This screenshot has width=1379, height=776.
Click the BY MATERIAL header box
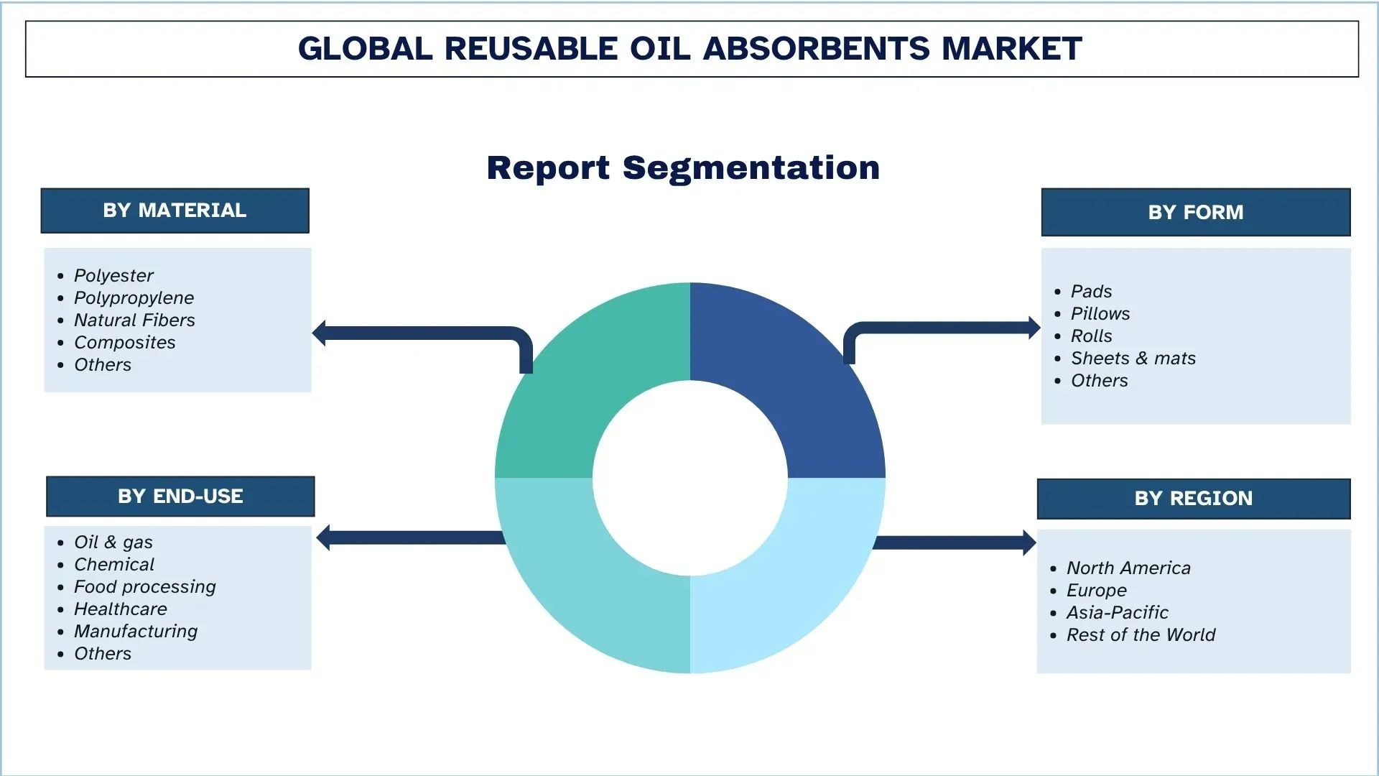pyautogui.click(x=175, y=211)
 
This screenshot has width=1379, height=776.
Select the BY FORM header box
pyautogui.click(x=1195, y=212)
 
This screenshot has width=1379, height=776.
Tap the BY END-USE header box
pyautogui.click(x=180, y=496)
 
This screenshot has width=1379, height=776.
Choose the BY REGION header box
pyautogui.click(x=1193, y=499)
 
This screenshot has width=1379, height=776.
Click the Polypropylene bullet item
pyautogui.click(x=134, y=298)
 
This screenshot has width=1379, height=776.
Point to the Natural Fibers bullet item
pyautogui.click(x=134, y=320)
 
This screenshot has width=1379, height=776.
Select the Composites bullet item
pyautogui.click(x=124, y=343)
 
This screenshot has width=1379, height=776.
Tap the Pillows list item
pyautogui.click(x=1100, y=314)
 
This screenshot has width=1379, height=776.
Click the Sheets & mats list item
pyautogui.click(x=1133, y=359)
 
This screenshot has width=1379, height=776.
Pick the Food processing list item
pyautogui.click(x=144, y=587)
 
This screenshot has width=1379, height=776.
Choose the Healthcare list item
pyautogui.click(x=120, y=609)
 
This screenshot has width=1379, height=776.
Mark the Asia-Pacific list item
pyautogui.click(x=1117, y=613)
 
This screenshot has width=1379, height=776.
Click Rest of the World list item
pyautogui.click(x=1141, y=635)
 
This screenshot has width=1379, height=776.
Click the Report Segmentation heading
pyautogui.click(x=683, y=168)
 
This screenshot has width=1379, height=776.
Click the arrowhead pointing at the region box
pyautogui.click(x=1029, y=542)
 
